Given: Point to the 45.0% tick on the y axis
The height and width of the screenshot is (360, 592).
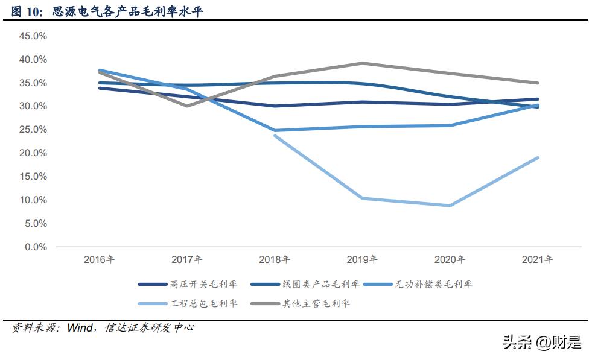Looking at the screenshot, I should (x=33, y=36).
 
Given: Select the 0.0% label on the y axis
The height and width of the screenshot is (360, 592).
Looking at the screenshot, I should (x=36, y=247).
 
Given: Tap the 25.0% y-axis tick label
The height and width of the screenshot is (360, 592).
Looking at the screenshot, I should (x=33, y=130).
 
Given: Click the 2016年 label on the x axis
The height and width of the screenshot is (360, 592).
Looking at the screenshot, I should (x=99, y=260).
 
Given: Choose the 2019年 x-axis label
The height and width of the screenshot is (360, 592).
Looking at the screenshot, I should (x=362, y=260).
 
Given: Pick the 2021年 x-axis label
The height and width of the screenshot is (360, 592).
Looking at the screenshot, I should (x=537, y=260).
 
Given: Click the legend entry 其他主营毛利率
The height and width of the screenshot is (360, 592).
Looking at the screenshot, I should (x=317, y=303).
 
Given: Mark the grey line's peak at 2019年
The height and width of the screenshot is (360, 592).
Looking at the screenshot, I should (x=362, y=63).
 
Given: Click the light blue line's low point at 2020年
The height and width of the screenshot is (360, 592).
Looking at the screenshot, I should (x=450, y=206).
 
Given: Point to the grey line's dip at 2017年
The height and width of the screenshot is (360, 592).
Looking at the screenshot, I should (x=186, y=106).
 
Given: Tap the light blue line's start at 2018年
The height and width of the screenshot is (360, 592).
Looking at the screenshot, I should (x=275, y=136).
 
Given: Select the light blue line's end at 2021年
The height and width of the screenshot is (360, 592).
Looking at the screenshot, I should (x=538, y=158).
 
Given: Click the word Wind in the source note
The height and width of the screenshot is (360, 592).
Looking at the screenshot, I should (x=80, y=328).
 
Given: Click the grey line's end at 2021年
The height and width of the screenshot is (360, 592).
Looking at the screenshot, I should (x=538, y=83).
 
